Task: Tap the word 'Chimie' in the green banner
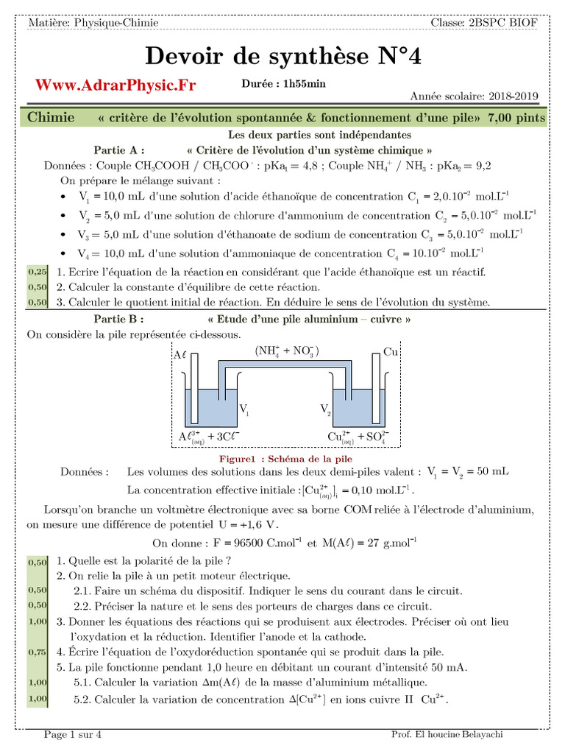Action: tap(51, 118)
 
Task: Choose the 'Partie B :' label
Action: tap(118, 320)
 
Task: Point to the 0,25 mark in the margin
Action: tap(37, 272)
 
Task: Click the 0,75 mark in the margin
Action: tap(37, 652)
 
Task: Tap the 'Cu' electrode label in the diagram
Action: tap(391, 353)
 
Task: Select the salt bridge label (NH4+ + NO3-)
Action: tap(287, 351)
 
